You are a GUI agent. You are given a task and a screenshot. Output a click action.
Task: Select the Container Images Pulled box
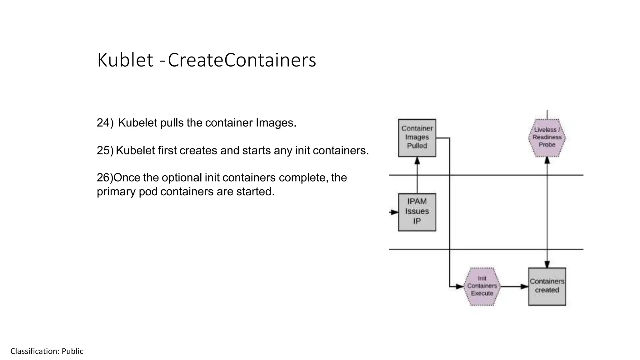[417, 138]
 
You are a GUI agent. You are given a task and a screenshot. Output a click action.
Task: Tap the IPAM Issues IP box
[417, 212]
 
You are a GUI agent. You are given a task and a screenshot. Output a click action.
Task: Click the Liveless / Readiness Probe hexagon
[547, 137]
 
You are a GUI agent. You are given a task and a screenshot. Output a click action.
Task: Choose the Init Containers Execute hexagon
[482, 286]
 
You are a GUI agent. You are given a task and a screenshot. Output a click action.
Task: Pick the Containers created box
[547, 286]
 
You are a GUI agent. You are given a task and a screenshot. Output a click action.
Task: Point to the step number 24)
[105, 123]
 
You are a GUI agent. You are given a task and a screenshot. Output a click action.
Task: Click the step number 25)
[105, 151]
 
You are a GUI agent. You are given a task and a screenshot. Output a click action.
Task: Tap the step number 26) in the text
[105, 178]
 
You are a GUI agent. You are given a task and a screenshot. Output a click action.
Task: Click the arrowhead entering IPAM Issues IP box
[395, 212]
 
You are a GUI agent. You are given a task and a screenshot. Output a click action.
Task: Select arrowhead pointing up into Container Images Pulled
[417, 161]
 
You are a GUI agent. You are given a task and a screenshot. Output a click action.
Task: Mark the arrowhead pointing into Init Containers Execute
[459, 286]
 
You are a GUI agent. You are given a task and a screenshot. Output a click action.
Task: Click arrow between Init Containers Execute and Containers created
[514, 286]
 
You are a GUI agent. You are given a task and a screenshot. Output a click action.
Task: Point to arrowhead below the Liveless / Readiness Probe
[547, 160]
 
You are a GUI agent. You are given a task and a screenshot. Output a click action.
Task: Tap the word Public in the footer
[72, 351]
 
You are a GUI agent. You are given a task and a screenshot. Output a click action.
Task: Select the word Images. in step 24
[276, 123]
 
